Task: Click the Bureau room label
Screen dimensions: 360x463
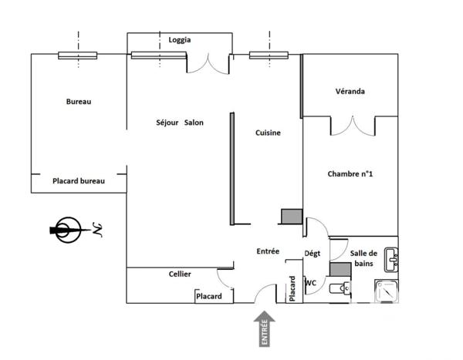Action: [79, 101]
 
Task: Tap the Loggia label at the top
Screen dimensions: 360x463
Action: [179, 40]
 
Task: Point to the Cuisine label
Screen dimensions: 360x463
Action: [268, 133]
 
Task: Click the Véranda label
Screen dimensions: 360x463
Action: [350, 91]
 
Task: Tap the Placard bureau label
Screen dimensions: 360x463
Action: [78, 181]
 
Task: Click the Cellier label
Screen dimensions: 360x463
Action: [180, 274]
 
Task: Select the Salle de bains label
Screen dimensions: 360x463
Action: [363, 258]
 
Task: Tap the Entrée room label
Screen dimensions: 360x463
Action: [268, 251]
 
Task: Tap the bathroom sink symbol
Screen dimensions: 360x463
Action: [391, 260]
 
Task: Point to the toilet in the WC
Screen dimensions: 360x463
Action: [337, 289]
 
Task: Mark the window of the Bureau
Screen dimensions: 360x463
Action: [78, 55]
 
